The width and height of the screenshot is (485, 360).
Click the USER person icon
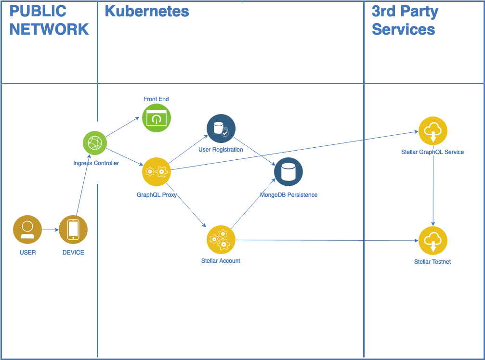(x=27, y=230)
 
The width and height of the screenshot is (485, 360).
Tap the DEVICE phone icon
(x=73, y=230)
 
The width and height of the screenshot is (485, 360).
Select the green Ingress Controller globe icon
(x=95, y=143)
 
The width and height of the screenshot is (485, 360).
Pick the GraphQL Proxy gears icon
(x=157, y=171)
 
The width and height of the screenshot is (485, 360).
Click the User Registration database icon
(x=221, y=129)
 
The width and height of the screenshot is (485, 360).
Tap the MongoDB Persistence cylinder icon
(x=288, y=172)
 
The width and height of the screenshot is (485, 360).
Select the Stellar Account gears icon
(x=221, y=239)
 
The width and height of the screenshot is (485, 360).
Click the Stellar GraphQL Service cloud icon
(x=433, y=131)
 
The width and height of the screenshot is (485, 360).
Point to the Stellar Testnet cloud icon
(x=433, y=241)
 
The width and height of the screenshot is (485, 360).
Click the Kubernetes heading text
(x=147, y=11)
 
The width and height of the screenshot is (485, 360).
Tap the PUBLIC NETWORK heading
(x=49, y=20)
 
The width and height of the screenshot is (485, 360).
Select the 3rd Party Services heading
(x=405, y=20)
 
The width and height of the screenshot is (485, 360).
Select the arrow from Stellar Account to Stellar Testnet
(x=328, y=240)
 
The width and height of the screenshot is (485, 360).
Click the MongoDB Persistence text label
(x=288, y=195)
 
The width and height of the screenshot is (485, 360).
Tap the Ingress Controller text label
(x=96, y=163)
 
